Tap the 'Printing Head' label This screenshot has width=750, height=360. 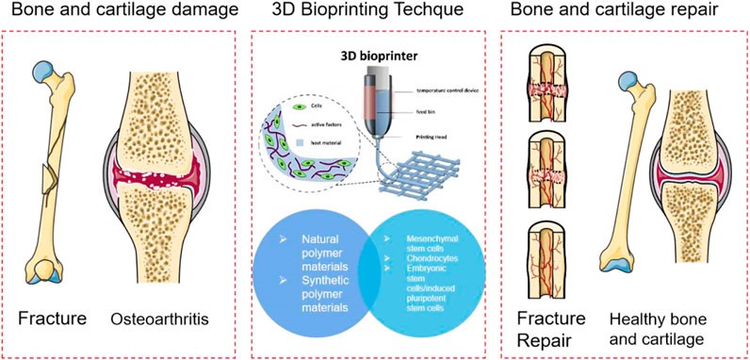click(441, 138)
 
